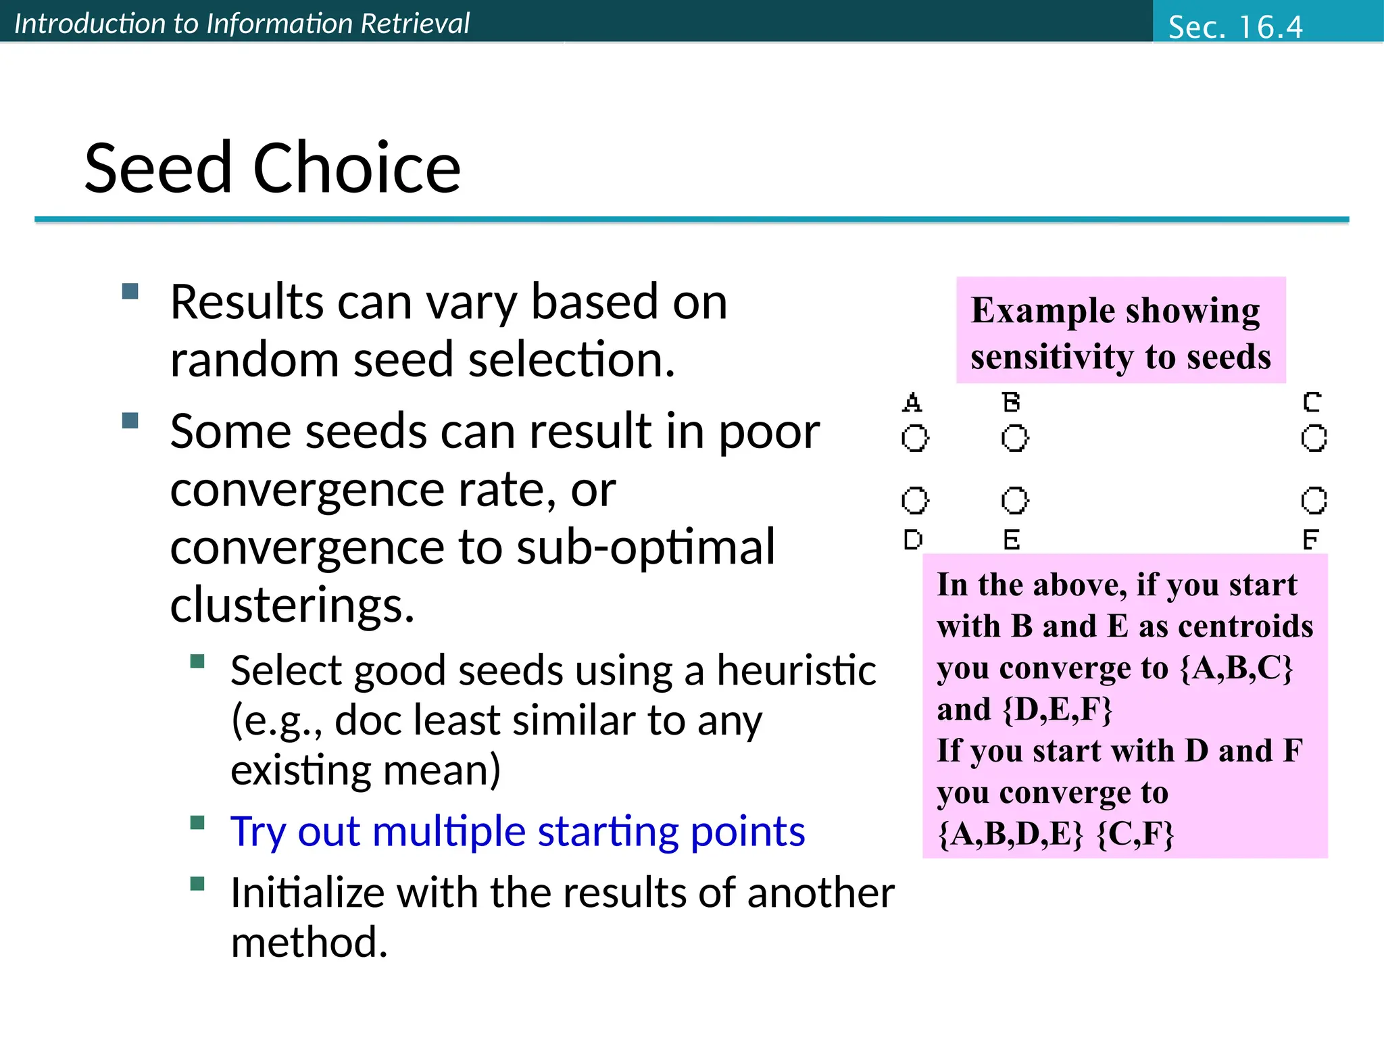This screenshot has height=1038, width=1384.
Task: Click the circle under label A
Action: coord(915,438)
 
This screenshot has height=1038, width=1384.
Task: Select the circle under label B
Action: coord(1014,438)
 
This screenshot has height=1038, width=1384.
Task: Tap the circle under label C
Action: coord(1314,438)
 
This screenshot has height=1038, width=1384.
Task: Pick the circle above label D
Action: coord(915,500)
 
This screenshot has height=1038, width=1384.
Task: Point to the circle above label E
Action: coord(1014,500)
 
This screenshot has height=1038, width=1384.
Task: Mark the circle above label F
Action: coord(1314,500)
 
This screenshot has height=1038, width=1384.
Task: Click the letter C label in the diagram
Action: coord(1312,402)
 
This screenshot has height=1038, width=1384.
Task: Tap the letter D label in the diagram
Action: coord(913,539)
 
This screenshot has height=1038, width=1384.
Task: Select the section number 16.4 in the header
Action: coord(1270,27)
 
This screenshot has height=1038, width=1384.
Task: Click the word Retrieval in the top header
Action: coord(414,24)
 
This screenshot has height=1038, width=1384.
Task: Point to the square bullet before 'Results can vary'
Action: coord(130,291)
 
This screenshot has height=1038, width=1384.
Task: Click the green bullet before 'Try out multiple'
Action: coord(197,822)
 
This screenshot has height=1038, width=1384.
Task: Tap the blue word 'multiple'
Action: coord(449,831)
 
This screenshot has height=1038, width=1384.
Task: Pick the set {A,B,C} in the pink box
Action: coord(1236,668)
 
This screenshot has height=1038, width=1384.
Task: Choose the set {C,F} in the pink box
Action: coord(1135,833)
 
